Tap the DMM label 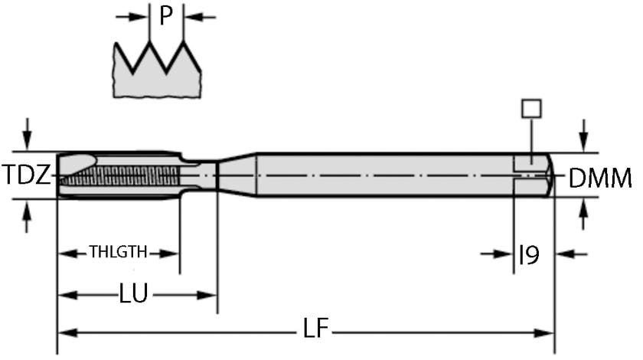[x=600, y=178]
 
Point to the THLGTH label [x=118, y=252]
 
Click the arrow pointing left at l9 [x=563, y=254]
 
